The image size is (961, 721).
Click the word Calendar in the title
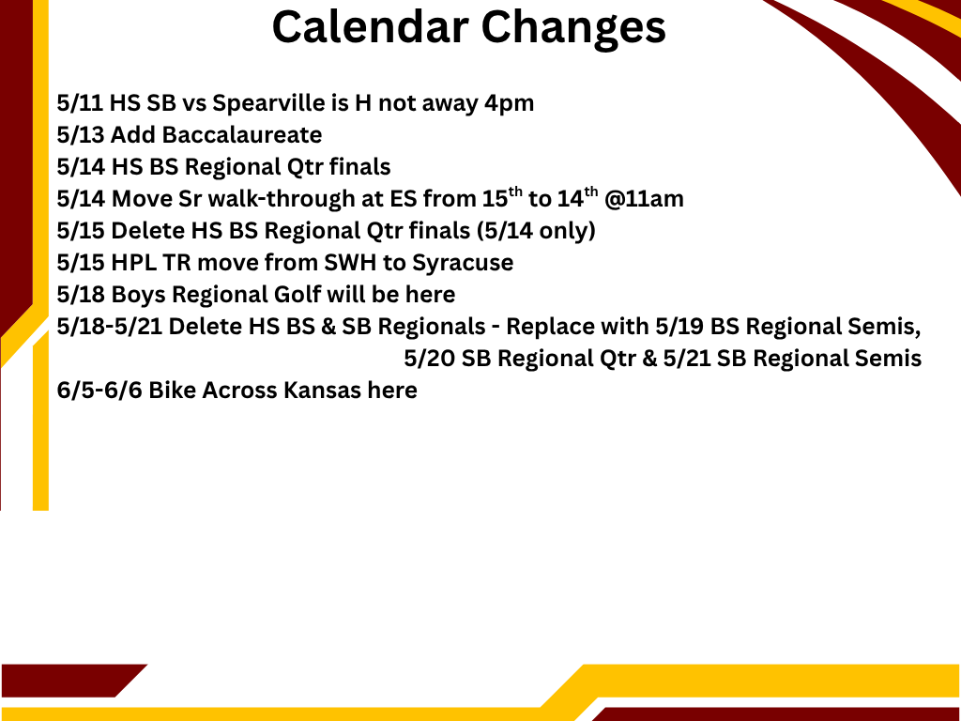[x=370, y=27]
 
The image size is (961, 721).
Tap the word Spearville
[x=268, y=103]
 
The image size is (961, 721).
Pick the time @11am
[x=644, y=199]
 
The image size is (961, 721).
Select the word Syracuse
[x=463, y=263]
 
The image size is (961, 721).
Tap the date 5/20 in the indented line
[x=429, y=358]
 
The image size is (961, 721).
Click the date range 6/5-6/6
[x=99, y=390]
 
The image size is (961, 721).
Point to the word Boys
[x=138, y=294]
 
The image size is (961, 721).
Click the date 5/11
[x=80, y=103]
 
